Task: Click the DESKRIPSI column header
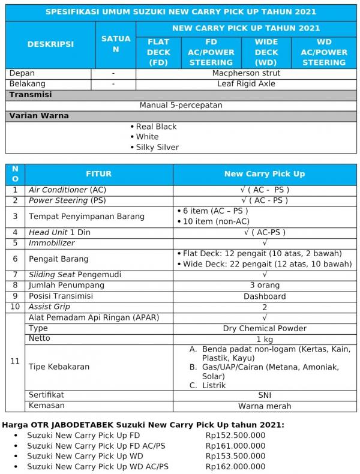coord(50,44)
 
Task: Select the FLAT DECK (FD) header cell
coord(158,52)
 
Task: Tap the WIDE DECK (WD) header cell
coord(266,52)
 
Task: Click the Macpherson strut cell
coord(246,73)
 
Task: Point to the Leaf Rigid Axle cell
coord(246,84)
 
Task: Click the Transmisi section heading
coord(30,95)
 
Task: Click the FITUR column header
coord(98,174)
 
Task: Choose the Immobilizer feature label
coord(52,243)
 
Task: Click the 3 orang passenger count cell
coord(264,285)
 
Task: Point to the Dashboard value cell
coord(264,296)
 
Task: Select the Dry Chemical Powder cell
coord(264,328)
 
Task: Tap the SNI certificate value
coord(264,395)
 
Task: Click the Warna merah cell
coord(264,406)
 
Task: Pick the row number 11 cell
coord(16,361)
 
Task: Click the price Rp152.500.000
coord(235,436)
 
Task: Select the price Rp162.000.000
coord(235,466)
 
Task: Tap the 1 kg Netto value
coord(264,339)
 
